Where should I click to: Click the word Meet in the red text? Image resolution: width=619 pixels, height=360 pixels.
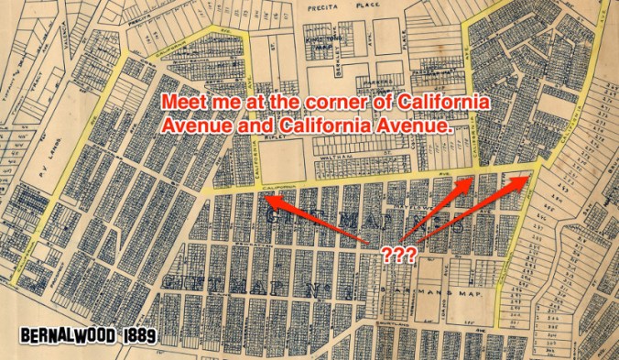[x=182, y=102]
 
